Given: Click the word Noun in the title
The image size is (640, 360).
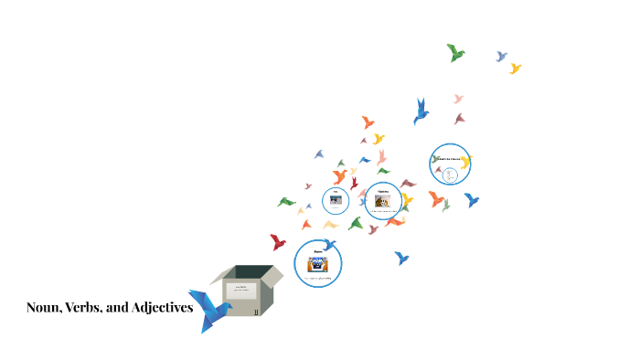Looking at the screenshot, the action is tap(43, 308).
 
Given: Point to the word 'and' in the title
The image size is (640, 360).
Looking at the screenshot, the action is tap(119, 308).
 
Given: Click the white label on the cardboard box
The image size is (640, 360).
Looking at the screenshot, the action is tap(243, 291).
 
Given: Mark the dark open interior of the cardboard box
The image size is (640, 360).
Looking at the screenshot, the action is tap(251, 272).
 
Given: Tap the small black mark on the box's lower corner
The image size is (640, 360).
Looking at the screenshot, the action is tap(257, 312).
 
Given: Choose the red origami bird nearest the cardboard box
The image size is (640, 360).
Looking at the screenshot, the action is tap(278, 242).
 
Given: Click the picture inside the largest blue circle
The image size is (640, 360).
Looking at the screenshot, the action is tap(317, 262).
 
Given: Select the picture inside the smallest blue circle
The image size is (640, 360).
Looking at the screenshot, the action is tap(336, 199).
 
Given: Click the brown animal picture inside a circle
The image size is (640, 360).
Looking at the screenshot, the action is tap(382, 200).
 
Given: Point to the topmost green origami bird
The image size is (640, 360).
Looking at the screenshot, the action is tap(455, 52).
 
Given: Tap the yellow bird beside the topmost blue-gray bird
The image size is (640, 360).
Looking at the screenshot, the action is tap(516, 68).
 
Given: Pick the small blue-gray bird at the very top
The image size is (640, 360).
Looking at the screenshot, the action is tap(501, 56).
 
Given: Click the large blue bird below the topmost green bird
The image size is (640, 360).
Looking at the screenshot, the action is tap(421, 111).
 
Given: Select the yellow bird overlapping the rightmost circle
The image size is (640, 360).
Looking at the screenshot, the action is tap(464, 163).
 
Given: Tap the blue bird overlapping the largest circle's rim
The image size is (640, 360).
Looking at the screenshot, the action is tap(329, 244).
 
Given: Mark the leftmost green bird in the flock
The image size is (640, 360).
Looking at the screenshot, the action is tap(286, 201).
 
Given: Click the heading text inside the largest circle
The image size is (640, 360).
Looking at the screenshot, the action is tap(317, 249).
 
